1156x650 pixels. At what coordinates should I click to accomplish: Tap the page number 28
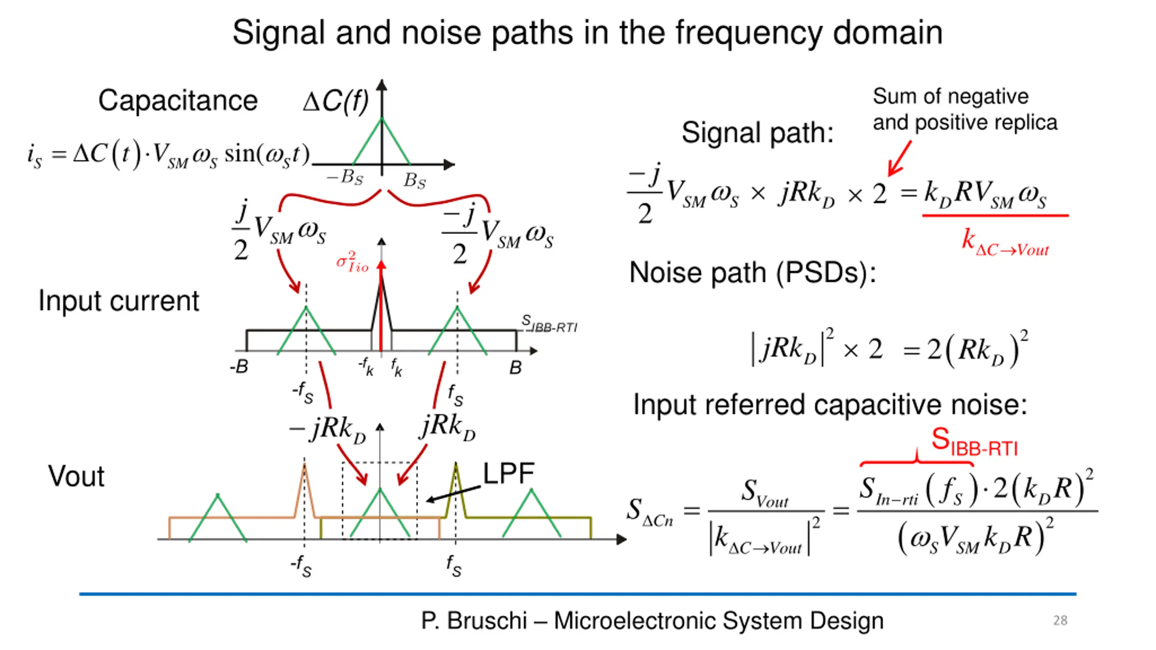[x=1060, y=620]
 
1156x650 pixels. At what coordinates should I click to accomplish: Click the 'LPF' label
[x=508, y=473]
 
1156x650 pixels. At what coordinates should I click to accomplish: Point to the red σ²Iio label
[x=352, y=262]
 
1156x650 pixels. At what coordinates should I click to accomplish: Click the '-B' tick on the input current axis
[x=239, y=367]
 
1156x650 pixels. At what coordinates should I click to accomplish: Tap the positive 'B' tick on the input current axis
[x=515, y=367]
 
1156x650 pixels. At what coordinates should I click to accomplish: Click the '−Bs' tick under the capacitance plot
[x=345, y=177]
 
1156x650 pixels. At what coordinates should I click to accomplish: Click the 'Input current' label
[x=119, y=301]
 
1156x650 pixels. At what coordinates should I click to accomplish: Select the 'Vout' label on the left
[x=76, y=476]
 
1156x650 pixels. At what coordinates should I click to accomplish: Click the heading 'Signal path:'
[x=757, y=133]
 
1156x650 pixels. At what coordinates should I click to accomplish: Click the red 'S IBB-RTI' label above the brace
[x=974, y=442]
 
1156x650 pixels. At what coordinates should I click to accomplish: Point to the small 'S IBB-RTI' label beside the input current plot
[x=549, y=324]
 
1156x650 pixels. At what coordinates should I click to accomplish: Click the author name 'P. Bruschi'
[x=474, y=620]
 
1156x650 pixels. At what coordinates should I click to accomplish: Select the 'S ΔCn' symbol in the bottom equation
[x=649, y=511]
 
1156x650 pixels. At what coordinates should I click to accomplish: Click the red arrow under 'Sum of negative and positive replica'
[x=900, y=158]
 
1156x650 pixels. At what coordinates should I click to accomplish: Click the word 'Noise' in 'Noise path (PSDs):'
[x=667, y=273]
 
